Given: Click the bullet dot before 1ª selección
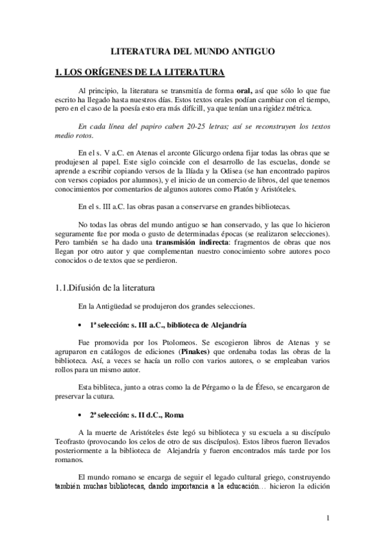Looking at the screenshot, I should pyautogui.click(x=79, y=325).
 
